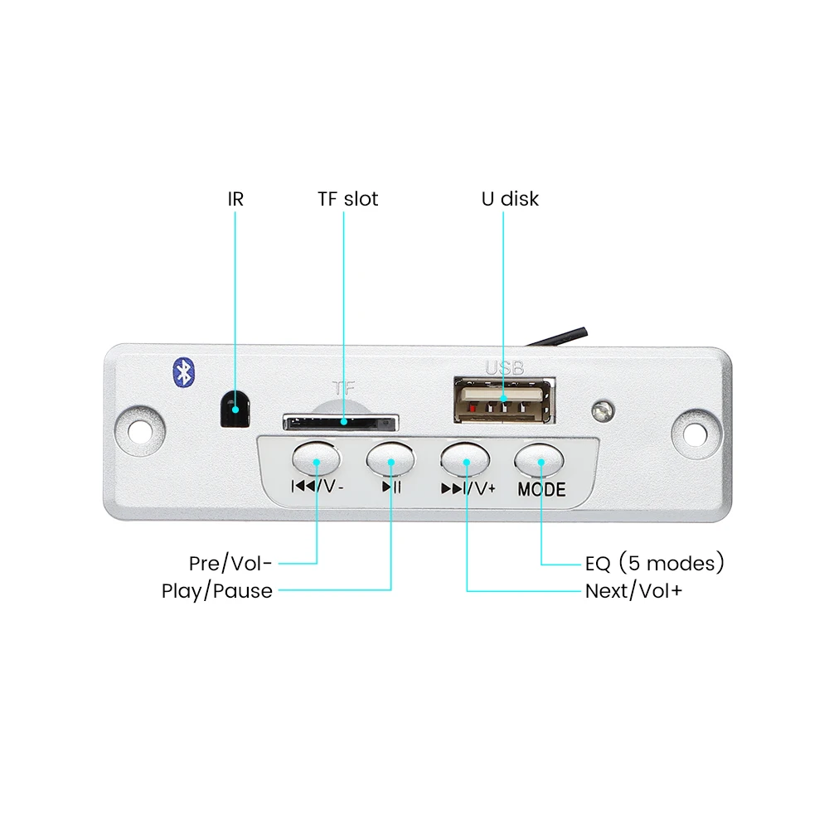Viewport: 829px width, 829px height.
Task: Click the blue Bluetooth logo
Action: pyautogui.click(x=182, y=371)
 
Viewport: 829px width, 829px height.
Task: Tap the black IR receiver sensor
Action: pyautogui.click(x=235, y=408)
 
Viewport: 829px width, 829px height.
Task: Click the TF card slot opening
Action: pyautogui.click(x=340, y=423)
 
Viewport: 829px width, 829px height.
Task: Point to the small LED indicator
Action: pyautogui.click(x=603, y=410)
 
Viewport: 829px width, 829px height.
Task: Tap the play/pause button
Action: pyautogui.click(x=390, y=457)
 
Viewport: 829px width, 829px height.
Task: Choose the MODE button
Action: pyautogui.click(x=541, y=458)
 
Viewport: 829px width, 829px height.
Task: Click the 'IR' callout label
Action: pyautogui.click(x=235, y=199)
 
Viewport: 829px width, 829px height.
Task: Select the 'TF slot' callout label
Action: pyautogui.click(x=347, y=199)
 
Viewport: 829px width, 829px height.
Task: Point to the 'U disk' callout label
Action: pyautogui.click(x=510, y=199)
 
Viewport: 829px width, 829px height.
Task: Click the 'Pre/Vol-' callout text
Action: pyautogui.click(x=230, y=564)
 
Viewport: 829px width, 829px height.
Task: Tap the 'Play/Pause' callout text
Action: pyautogui.click(x=217, y=591)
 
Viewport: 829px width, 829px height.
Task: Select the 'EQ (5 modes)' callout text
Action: pyautogui.click(x=655, y=564)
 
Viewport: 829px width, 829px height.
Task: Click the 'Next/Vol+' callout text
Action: pyautogui.click(x=634, y=591)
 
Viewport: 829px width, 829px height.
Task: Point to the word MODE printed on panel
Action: pyautogui.click(x=541, y=490)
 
